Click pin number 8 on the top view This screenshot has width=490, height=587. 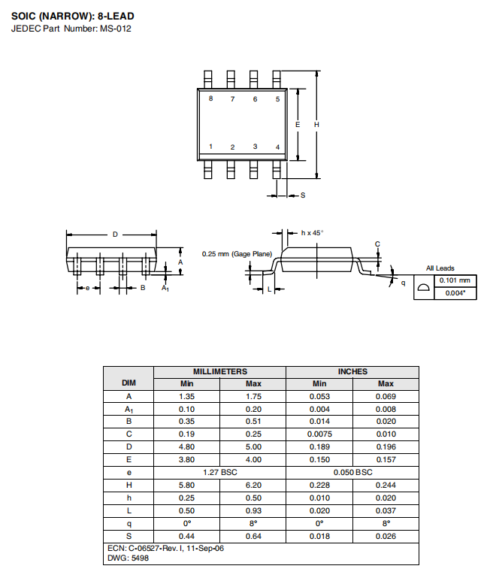210,98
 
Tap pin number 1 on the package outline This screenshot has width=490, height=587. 210,147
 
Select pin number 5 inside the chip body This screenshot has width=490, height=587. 278,99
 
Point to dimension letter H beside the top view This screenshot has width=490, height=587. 316,125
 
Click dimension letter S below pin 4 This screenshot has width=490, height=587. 303,195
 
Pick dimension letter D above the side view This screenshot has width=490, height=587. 115,234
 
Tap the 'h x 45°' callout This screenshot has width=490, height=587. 312,233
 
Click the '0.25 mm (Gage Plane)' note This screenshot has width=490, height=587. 237,254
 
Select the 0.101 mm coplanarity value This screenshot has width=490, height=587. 455,280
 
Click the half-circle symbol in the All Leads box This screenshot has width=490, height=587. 424,287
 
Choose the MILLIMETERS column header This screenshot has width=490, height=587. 220,372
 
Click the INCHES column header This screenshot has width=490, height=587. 352,372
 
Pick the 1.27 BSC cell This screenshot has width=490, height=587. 220,473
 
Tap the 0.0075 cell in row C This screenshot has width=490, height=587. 319,434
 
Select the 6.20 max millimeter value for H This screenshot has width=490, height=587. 253,486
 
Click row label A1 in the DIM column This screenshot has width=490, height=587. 129,410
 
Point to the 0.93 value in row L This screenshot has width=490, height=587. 253,510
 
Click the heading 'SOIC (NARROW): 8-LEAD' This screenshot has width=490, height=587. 73,17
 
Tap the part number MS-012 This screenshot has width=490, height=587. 115,29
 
